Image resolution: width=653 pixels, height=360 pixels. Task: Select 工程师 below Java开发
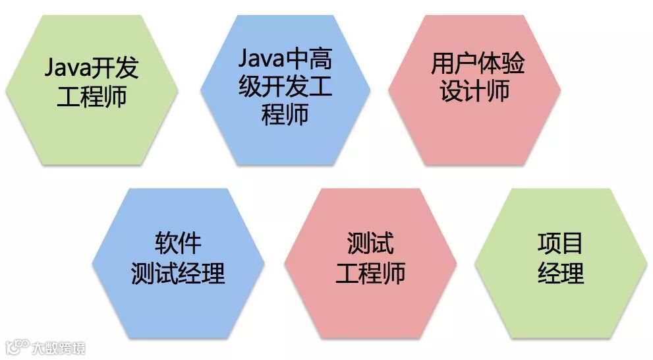click(x=92, y=96)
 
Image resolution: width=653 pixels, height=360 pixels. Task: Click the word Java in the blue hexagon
click(x=262, y=61)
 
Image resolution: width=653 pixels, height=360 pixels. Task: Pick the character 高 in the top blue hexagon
click(x=322, y=61)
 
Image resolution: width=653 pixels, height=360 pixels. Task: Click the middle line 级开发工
click(x=285, y=88)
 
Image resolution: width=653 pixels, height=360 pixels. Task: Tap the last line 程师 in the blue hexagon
click(x=285, y=115)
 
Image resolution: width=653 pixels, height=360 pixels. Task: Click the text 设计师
click(x=475, y=92)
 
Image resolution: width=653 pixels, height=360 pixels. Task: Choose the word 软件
click(x=178, y=244)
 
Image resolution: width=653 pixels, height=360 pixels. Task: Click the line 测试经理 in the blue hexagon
click(x=178, y=272)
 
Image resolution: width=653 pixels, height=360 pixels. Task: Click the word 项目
click(x=561, y=244)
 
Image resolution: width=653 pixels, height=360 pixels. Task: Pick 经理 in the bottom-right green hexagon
click(x=561, y=272)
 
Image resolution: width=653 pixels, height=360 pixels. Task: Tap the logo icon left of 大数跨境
click(x=18, y=347)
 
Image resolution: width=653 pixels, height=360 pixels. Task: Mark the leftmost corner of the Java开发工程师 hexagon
click(x=6, y=90)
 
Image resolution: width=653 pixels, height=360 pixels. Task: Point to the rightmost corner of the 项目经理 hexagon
click(x=647, y=263)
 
